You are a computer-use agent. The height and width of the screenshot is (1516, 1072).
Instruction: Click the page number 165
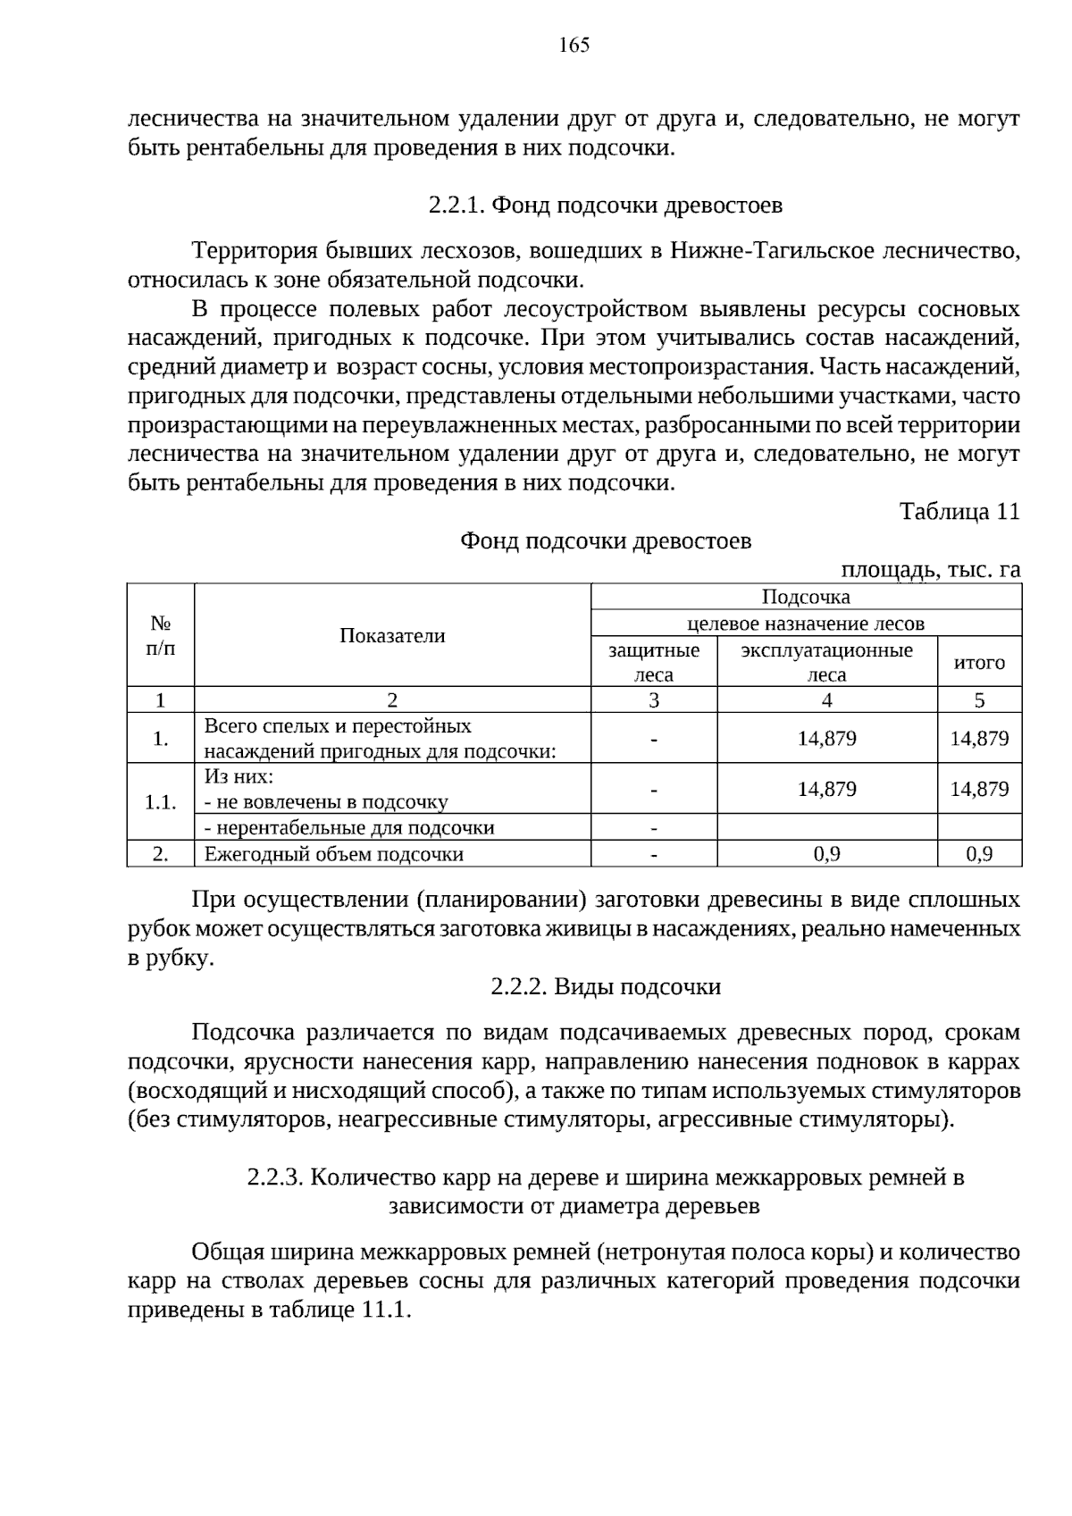(x=574, y=46)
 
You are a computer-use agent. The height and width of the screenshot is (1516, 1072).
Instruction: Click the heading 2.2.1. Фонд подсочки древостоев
(x=605, y=205)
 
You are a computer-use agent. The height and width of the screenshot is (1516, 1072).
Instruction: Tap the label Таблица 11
(x=959, y=512)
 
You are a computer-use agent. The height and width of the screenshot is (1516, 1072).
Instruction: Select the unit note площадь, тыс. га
(x=930, y=569)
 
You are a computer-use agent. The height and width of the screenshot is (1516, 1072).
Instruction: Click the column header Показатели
(x=392, y=635)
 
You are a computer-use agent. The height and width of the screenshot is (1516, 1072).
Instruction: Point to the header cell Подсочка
(x=806, y=597)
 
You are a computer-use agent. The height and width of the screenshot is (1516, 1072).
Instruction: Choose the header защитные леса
(x=654, y=662)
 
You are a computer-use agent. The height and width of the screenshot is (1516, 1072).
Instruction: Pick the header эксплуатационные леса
(x=826, y=662)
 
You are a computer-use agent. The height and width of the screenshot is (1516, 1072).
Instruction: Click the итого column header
(x=979, y=662)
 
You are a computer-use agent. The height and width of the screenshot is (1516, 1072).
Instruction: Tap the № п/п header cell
(x=161, y=635)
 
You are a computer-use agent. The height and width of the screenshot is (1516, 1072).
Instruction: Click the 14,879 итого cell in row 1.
(x=979, y=738)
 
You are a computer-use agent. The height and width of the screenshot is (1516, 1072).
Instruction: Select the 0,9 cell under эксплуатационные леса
(x=826, y=854)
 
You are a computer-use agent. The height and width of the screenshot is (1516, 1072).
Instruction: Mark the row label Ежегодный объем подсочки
(x=334, y=854)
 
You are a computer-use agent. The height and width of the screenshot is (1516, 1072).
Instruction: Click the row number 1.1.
(x=161, y=801)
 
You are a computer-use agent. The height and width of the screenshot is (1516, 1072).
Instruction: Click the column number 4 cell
(x=826, y=699)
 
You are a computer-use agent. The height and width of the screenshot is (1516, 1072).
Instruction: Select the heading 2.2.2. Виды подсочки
(x=605, y=987)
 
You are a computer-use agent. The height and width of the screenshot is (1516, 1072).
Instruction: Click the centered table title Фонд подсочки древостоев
(x=605, y=540)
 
